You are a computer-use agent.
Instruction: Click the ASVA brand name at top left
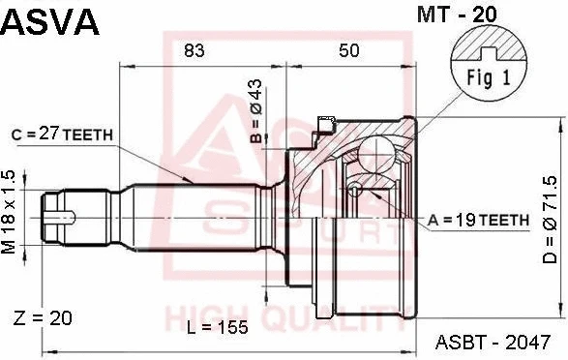[x=50, y=21]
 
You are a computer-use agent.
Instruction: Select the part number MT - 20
[x=458, y=15]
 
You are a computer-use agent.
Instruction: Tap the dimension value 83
[x=194, y=50]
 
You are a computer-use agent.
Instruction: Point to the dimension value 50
[x=349, y=50]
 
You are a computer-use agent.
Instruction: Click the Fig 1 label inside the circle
[x=489, y=77]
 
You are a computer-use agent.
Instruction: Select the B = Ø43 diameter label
[x=256, y=111]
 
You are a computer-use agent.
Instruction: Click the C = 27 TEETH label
[x=62, y=135]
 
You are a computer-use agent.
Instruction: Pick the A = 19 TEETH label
[x=478, y=221]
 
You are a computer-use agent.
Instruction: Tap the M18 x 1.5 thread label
[x=9, y=212]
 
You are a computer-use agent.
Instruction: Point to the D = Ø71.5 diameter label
[x=550, y=220]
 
